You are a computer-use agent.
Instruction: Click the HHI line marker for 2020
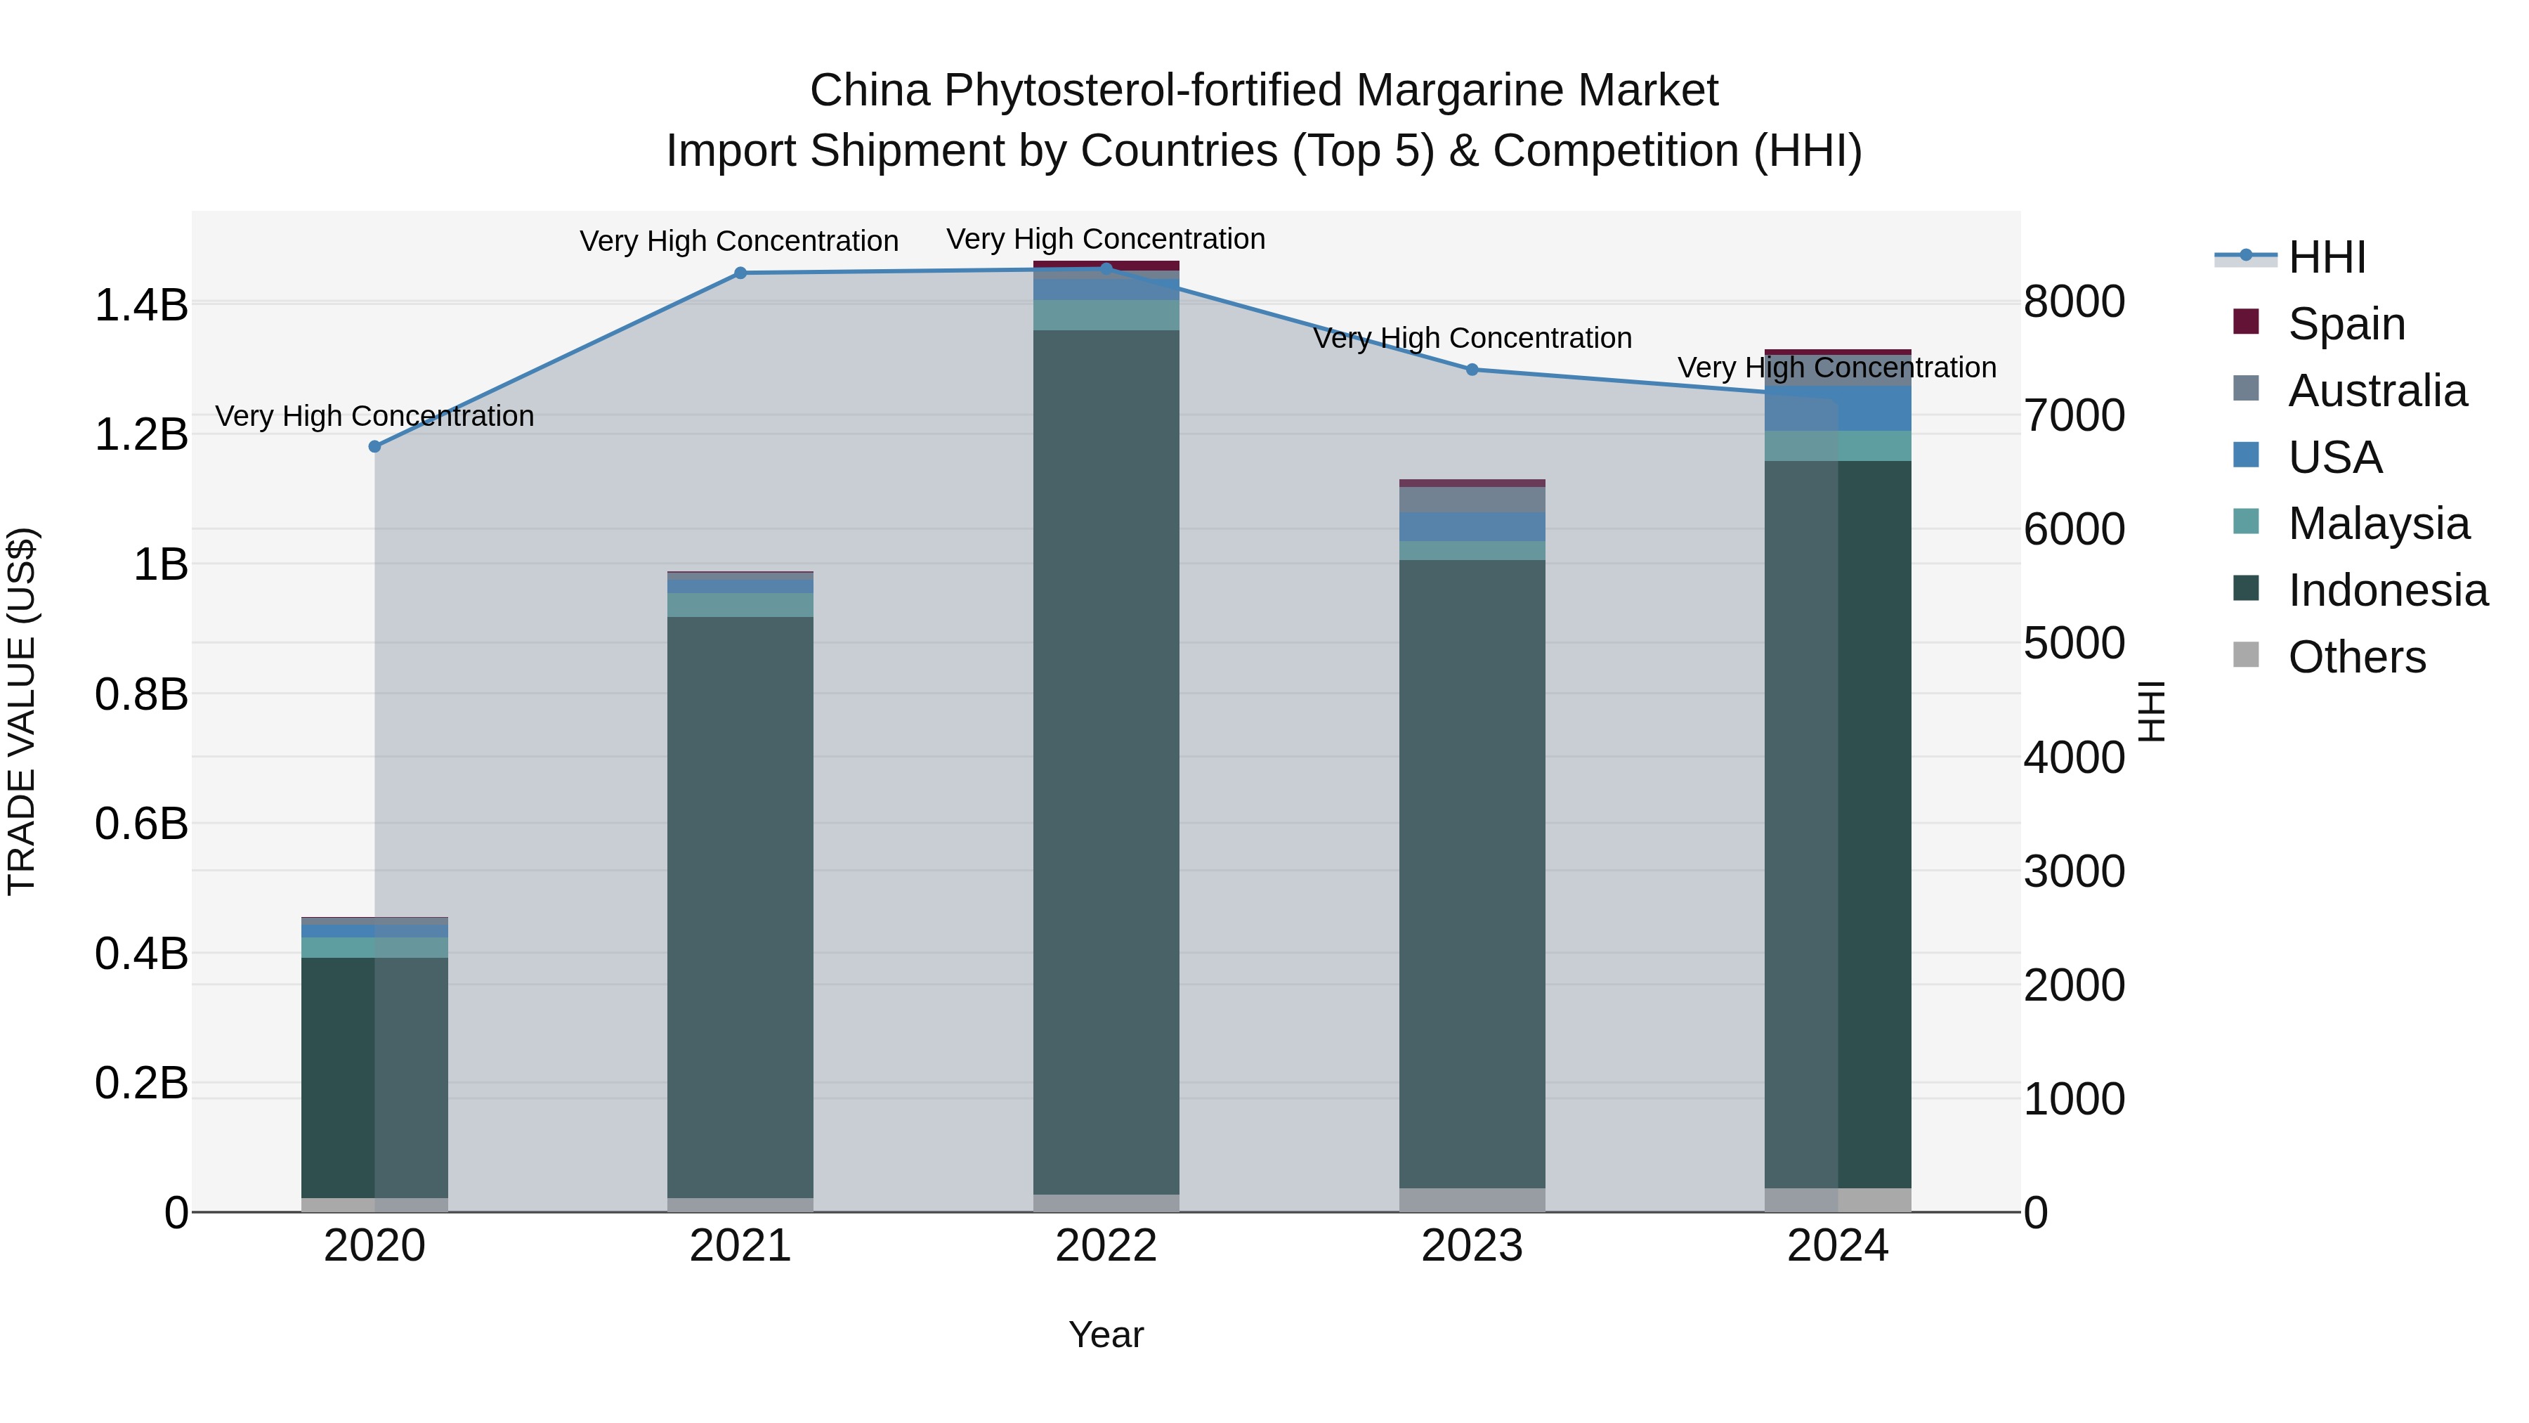pyautogui.click(x=374, y=447)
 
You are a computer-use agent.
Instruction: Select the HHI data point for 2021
pyautogui.click(x=740, y=273)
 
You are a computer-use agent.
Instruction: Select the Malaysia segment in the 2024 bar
pyautogui.click(x=1838, y=446)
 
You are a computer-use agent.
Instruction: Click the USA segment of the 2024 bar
pyautogui.click(x=1838, y=408)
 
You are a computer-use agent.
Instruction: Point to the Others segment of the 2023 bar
pyautogui.click(x=1472, y=1200)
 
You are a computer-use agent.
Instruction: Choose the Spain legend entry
pyautogui.click(x=2346, y=324)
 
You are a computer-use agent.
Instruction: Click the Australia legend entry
pyautogui.click(x=2377, y=391)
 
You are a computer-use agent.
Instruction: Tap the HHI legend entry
pyautogui.click(x=2326, y=257)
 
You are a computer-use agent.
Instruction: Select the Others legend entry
pyautogui.click(x=2356, y=657)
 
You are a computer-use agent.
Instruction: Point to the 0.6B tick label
pyautogui.click(x=140, y=824)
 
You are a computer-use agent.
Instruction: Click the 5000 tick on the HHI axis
pyautogui.click(x=2074, y=644)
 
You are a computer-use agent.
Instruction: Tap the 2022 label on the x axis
pyautogui.click(x=1106, y=1246)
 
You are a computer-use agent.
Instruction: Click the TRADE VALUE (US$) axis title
pyautogui.click(x=22, y=711)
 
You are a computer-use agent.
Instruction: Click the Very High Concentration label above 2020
pyautogui.click(x=374, y=417)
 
